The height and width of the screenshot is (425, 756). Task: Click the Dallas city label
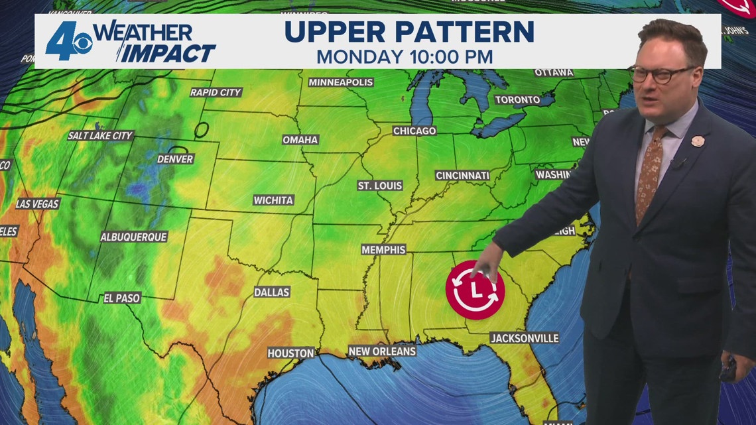click(x=272, y=292)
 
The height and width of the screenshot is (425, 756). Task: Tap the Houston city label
click(x=290, y=353)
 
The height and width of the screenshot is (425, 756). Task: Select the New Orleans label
click(x=383, y=351)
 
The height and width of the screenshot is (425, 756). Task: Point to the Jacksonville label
click(x=525, y=338)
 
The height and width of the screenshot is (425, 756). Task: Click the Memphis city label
click(x=383, y=250)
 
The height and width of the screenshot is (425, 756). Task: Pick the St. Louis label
click(x=380, y=186)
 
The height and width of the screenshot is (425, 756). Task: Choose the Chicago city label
click(x=414, y=131)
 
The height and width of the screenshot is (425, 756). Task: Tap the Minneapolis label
click(x=341, y=82)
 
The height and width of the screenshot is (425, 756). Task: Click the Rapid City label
click(x=216, y=92)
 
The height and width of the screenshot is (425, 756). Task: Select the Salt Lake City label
click(x=101, y=135)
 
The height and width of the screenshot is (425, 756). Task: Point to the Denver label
click(x=176, y=159)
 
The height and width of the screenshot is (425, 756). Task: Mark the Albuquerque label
click(x=134, y=237)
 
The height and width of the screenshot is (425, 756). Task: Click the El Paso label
click(x=122, y=298)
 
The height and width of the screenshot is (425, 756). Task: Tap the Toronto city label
click(x=517, y=99)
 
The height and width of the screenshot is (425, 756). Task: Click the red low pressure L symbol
click(x=475, y=290)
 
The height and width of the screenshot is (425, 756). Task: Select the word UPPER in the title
click(x=336, y=32)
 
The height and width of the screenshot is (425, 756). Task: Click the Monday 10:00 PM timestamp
click(x=404, y=56)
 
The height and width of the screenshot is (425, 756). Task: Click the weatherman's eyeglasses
click(x=661, y=74)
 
